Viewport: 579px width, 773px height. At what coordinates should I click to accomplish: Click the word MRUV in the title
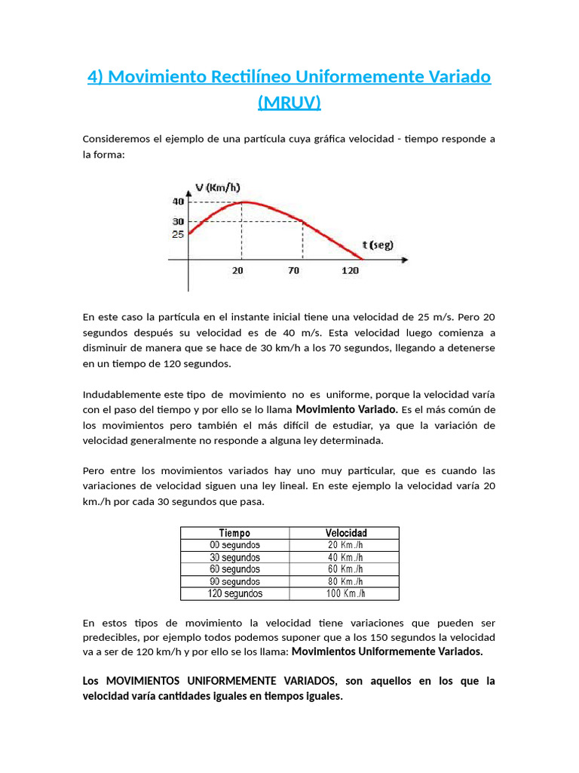point(289,102)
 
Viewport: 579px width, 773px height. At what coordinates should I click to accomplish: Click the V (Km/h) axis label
point(217,188)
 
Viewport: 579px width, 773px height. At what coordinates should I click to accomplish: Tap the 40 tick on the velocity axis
point(178,202)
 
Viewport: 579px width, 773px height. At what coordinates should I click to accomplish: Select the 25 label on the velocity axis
point(178,234)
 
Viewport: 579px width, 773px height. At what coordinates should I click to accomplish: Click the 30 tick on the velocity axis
point(178,221)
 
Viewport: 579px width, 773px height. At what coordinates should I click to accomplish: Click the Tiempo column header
point(234,533)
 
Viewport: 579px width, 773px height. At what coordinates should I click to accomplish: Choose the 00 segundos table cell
point(234,545)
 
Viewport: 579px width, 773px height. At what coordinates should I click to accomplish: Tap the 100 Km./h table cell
point(345,593)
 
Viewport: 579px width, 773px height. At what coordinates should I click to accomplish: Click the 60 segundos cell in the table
point(234,569)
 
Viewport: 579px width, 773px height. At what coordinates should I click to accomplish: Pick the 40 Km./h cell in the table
point(345,557)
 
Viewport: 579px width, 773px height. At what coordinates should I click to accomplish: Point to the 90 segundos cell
point(234,581)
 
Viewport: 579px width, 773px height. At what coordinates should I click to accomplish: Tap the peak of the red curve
point(241,202)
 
